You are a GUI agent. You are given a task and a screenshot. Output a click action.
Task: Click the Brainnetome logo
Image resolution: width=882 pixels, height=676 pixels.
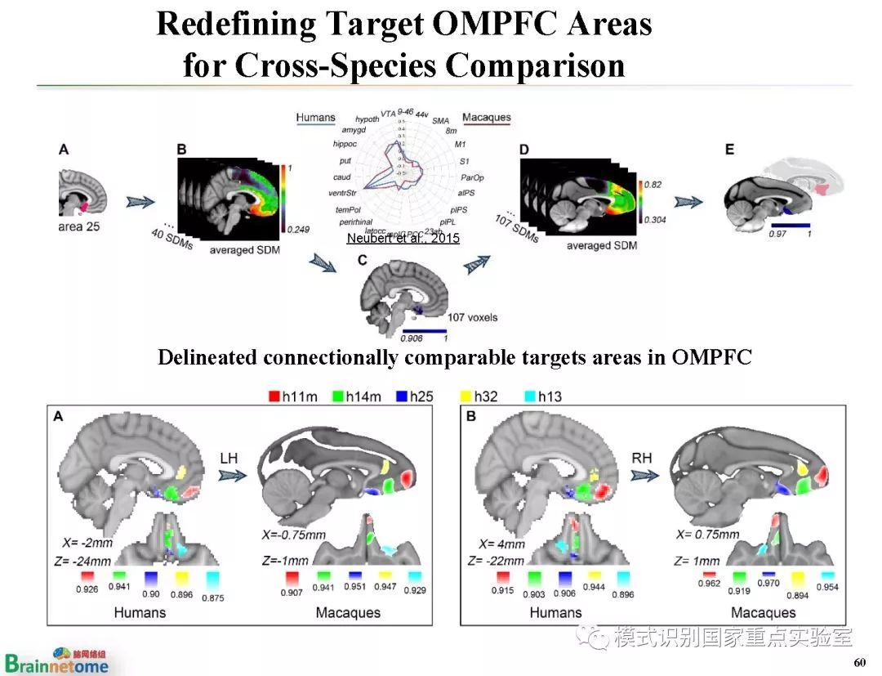point(56,660)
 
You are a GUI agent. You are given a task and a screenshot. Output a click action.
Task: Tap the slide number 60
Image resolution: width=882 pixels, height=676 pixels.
point(858,662)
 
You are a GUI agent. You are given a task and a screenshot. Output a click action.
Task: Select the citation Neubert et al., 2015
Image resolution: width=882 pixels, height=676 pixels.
point(403,238)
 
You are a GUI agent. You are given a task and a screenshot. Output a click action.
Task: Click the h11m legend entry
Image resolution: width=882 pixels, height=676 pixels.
point(292,396)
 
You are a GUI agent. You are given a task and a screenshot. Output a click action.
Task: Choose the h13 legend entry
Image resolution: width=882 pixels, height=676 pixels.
point(542,396)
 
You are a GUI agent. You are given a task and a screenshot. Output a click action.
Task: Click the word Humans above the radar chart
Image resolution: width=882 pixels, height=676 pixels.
point(315,117)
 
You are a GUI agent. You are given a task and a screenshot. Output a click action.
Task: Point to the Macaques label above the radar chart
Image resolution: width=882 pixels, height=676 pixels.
point(487,117)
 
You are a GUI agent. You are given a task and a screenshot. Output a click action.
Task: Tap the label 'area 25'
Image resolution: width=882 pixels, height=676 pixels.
point(78,226)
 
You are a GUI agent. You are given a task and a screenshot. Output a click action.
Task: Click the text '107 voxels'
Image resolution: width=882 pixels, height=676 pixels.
point(472,317)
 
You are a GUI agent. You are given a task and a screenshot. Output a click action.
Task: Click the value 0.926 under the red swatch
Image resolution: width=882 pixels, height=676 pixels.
point(87,589)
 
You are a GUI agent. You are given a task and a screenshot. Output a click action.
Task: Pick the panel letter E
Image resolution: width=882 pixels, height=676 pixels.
point(729,150)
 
